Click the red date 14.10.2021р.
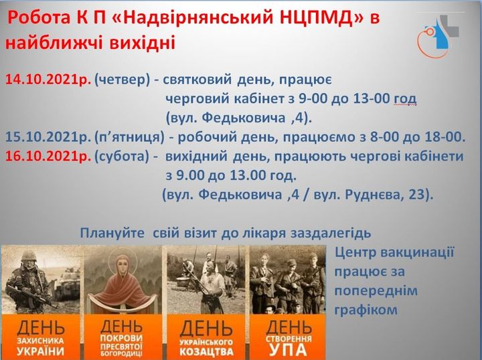48,80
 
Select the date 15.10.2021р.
48,137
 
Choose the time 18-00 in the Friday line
445,137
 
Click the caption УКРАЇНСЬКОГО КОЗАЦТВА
207,349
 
